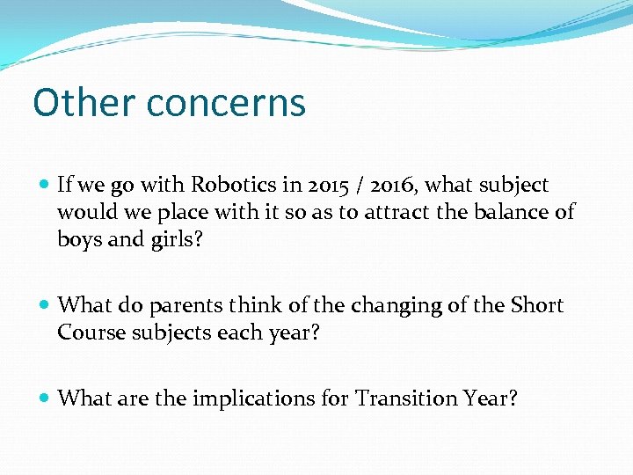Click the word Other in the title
click(x=84, y=102)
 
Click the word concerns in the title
click(x=226, y=102)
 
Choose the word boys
click(x=80, y=239)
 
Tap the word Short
click(x=535, y=305)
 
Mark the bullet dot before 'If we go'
click(x=44, y=186)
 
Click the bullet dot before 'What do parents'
click(x=44, y=306)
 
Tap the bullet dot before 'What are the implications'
click(x=44, y=399)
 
